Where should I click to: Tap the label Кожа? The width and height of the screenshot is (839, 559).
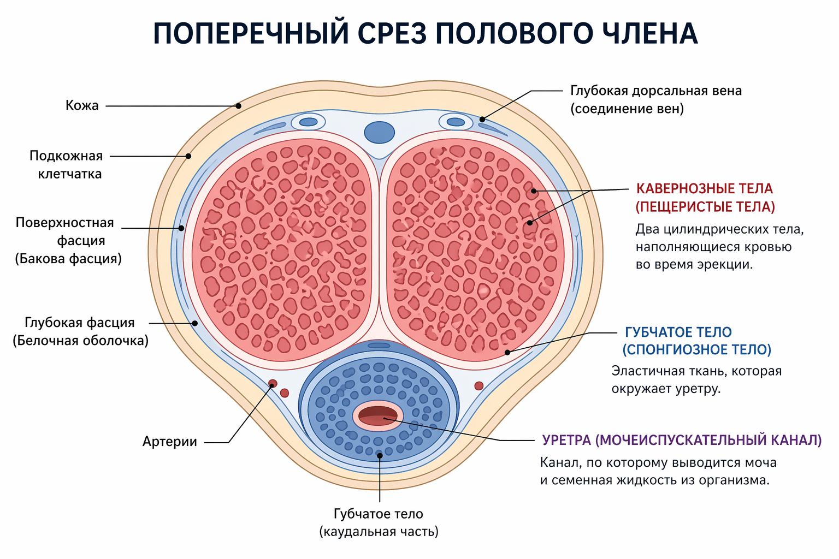click(82, 105)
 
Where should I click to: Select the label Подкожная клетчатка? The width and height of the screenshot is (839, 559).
click(66, 165)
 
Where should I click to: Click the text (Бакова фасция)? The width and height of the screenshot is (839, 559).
click(68, 259)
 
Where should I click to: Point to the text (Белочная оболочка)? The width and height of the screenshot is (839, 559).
click(81, 341)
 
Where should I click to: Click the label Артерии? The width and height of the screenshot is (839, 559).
click(170, 442)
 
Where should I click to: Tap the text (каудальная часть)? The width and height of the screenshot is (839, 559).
click(379, 532)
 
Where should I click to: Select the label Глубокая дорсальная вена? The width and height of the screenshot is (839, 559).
click(656, 91)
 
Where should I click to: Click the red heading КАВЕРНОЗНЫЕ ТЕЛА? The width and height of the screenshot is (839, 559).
click(705, 189)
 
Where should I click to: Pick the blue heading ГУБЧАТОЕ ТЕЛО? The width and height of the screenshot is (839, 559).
click(678, 332)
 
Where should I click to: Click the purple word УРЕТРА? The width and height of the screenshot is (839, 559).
click(567, 440)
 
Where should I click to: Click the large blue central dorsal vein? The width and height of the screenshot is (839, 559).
click(380, 133)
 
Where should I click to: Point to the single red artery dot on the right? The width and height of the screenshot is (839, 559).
click(478, 385)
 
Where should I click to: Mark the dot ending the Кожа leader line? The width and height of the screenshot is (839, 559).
click(238, 106)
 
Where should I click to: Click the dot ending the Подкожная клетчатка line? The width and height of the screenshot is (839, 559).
click(188, 156)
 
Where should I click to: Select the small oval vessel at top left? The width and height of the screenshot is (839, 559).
click(308, 122)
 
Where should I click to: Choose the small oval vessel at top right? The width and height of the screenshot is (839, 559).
click(456, 122)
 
